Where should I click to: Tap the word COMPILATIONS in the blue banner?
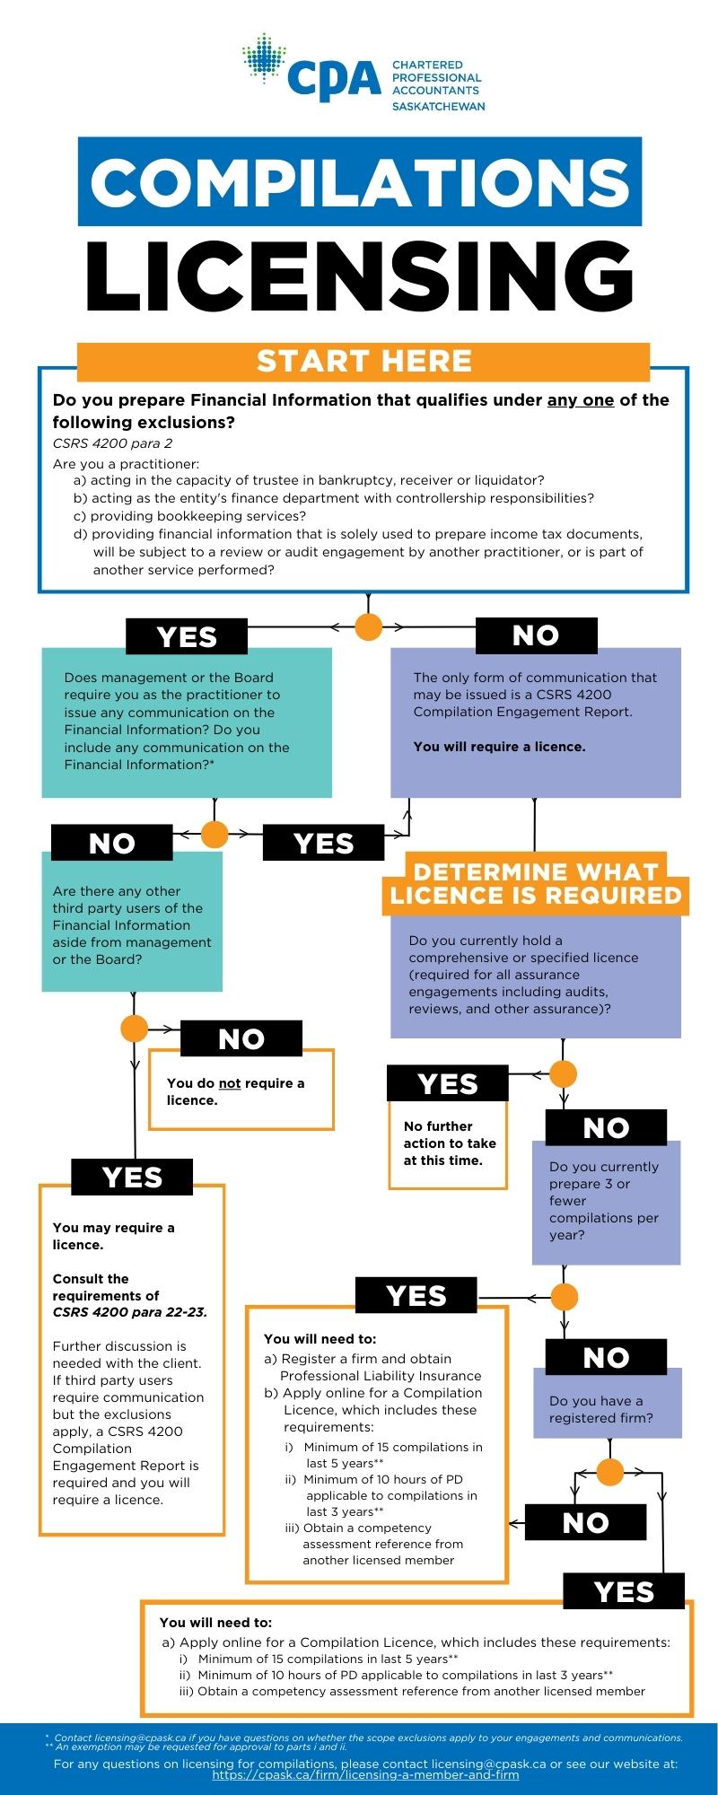point(360,182)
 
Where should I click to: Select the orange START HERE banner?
point(363,361)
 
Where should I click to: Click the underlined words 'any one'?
point(581,400)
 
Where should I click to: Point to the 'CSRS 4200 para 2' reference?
point(112,443)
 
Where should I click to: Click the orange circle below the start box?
point(368,626)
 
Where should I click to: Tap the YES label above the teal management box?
point(187,636)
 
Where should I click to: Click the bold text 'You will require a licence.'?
point(499,747)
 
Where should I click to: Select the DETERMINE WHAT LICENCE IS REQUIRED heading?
point(536,884)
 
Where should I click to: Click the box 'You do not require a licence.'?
point(241,1091)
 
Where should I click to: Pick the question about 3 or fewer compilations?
point(605,1201)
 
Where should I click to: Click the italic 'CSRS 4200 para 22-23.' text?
point(129,1312)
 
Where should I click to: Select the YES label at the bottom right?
point(624,1592)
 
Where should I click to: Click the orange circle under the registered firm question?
point(610,1473)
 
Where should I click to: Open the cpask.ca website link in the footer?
point(365,1775)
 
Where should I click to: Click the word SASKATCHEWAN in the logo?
point(438,106)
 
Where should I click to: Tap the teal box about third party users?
point(132,924)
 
